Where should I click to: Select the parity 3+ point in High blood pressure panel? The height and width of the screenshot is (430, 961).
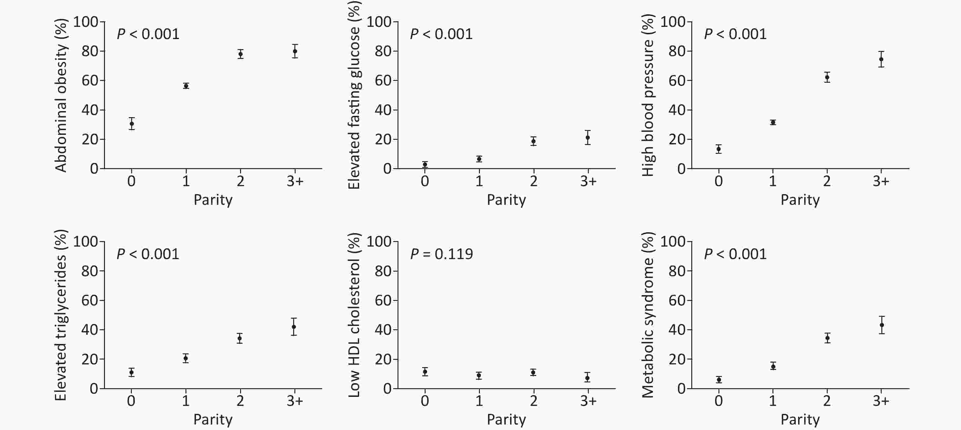click(881, 59)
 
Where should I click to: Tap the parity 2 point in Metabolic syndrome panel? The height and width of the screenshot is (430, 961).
click(827, 338)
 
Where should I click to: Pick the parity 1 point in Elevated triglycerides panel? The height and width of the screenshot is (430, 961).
click(186, 358)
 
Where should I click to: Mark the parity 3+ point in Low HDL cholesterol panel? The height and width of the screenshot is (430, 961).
click(588, 378)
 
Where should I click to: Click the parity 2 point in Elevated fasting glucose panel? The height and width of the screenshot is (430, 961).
click(534, 141)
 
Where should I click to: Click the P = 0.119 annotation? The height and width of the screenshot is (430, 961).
click(441, 254)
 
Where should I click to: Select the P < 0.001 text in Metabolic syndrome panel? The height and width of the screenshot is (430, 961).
click(735, 254)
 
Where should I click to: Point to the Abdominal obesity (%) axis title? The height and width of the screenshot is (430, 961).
click(61, 95)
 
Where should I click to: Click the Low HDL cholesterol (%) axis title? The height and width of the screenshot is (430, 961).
click(354, 316)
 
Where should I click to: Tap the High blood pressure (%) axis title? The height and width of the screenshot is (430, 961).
click(648, 95)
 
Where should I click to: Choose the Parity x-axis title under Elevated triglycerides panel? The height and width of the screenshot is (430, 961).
click(213, 420)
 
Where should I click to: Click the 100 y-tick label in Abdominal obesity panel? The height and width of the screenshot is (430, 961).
click(86, 22)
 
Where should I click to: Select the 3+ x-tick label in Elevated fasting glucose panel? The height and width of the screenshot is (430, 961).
click(588, 181)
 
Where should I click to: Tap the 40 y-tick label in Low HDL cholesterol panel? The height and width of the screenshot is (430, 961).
click(383, 330)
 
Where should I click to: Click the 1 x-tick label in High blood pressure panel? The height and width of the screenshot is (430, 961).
click(772, 181)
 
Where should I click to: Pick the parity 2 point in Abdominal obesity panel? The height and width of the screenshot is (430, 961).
click(241, 54)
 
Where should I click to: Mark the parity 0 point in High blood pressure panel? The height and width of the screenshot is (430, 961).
click(718, 149)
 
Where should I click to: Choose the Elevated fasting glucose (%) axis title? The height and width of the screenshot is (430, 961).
click(354, 95)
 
